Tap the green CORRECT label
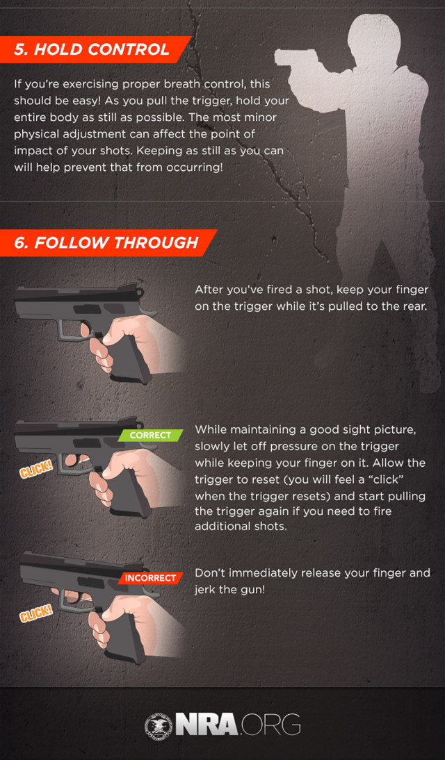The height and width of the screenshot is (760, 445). [x=150, y=436]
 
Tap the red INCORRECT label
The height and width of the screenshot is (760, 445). [x=149, y=577]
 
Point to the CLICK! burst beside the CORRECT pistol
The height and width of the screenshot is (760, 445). [x=35, y=470]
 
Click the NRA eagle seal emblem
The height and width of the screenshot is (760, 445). [x=158, y=725]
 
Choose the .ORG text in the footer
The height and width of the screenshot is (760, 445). [x=272, y=725]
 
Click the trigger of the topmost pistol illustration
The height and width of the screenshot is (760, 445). [x=83, y=327]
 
